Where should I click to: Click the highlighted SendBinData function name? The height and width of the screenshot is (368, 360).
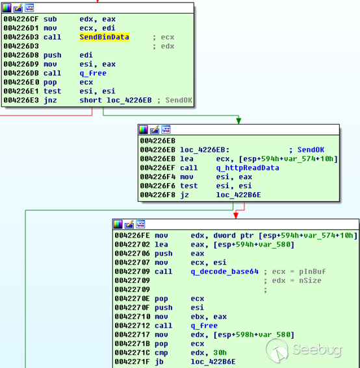[105, 37]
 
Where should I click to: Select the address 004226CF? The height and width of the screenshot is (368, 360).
[21, 19]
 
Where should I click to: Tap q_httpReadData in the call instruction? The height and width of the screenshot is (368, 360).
[248, 168]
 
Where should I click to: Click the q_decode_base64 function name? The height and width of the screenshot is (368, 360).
[225, 271]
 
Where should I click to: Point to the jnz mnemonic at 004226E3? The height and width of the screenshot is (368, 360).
[50, 100]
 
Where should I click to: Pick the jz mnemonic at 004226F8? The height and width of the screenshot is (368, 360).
[185, 195]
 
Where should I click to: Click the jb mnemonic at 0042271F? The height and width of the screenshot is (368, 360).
[159, 362]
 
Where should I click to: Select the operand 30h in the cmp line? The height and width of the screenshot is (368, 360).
[220, 352]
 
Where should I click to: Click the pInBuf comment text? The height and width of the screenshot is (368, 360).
[313, 271]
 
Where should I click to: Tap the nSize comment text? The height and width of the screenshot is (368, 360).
[310, 280]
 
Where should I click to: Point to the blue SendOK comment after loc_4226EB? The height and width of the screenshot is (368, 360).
[311, 150]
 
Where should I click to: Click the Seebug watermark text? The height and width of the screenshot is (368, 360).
[316, 350]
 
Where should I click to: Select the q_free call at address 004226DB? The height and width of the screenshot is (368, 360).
[93, 73]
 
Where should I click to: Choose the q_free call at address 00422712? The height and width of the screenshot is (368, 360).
[204, 326]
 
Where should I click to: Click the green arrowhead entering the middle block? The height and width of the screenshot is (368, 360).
[238, 121]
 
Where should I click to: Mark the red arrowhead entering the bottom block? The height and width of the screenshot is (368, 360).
[236, 215]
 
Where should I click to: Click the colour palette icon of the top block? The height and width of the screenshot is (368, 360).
[6, 8]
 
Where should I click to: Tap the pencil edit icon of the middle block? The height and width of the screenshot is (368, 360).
[155, 130]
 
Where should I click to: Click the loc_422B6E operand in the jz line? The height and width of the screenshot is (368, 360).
[238, 195]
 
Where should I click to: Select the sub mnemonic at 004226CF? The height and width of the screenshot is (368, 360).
[50, 19]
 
